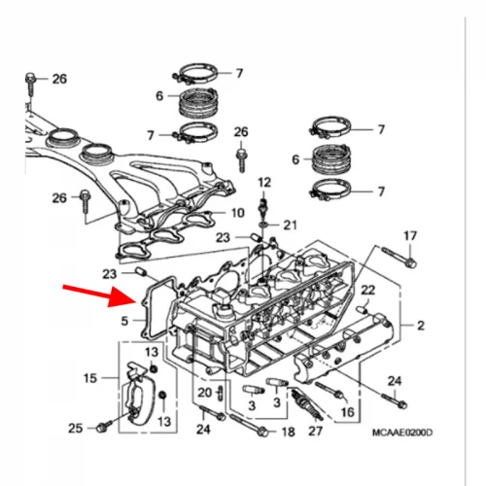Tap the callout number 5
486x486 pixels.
click(124, 321)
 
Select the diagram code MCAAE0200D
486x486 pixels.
click(402, 433)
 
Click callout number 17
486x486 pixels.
click(410, 236)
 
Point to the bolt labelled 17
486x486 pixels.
click(399, 257)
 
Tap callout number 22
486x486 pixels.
click(368, 290)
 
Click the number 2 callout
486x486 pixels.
click(421, 326)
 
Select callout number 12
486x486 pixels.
click(264, 183)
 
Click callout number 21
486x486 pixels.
click(290, 226)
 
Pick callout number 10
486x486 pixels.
click(238, 213)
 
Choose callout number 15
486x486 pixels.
click(90, 378)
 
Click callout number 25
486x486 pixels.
click(75, 429)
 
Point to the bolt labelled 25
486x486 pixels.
click(104, 426)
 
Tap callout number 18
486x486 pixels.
click(289, 432)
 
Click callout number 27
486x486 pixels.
click(315, 431)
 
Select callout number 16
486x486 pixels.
click(348, 412)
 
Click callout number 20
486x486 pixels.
click(205, 393)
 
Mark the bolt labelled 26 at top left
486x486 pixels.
click(30, 85)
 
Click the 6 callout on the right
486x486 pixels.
click(295, 159)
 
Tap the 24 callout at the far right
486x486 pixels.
click(395, 381)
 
